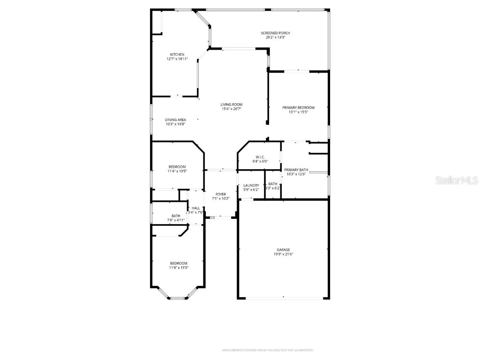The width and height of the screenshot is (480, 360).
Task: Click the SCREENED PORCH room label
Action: pyautogui.click(x=275, y=33)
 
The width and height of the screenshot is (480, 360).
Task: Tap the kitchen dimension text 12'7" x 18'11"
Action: pyautogui.click(x=177, y=59)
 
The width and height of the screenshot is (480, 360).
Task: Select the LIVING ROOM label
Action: pyautogui.click(x=232, y=105)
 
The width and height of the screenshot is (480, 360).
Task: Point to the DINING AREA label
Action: pyautogui.click(x=175, y=120)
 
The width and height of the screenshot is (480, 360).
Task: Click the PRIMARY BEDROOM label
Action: pyautogui.click(x=298, y=107)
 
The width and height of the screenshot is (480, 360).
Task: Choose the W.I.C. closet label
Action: pyautogui.click(x=260, y=157)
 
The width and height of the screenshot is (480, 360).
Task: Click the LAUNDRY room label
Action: pyautogui.click(x=251, y=185)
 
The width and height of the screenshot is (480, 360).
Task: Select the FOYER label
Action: pyautogui.click(x=220, y=194)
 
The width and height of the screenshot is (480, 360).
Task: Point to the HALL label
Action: pyautogui.click(x=195, y=208)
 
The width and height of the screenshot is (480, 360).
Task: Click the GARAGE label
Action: pyautogui.click(x=283, y=249)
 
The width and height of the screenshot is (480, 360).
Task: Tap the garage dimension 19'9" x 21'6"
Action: pyautogui.click(x=283, y=254)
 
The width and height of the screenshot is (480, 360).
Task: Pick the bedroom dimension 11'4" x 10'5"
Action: pyautogui.click(x=177, y=171)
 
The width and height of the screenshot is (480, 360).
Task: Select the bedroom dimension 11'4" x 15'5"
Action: pyautogui.click(x=179, y=268)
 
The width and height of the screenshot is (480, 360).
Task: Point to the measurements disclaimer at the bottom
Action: pyautogui.click(x=268, y=350)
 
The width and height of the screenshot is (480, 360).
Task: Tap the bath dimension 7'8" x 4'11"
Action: pyautogui.click(x=176, y=220)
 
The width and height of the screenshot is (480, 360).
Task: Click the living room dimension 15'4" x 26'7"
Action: pyautogui.click(x=232, y=109)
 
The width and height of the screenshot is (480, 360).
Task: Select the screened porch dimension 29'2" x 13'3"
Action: pyautogui.click(x=275, y=37)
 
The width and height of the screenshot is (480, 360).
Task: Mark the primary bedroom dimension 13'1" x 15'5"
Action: pyautogui.click(x=298, y=112)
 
